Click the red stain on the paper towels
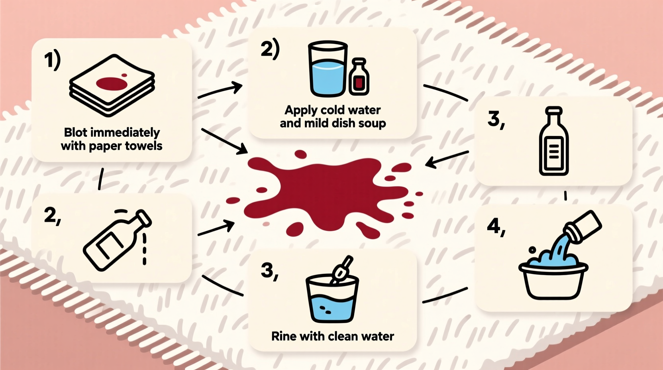(111, 84)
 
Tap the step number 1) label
(52, 61)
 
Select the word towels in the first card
(144, 146)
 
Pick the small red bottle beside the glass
(359, 78)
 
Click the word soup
(372, 123)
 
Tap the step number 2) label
(270, 49)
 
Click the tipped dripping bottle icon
(117, 240)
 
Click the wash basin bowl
(553, 279)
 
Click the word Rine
(284, 337)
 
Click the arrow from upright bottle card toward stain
(446, 158)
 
